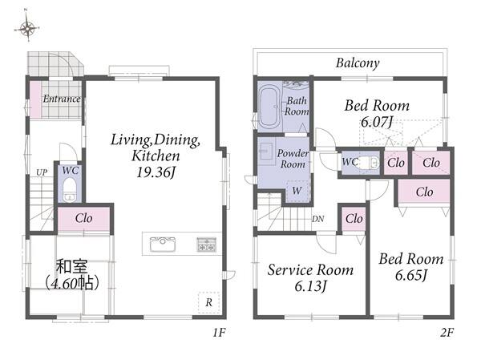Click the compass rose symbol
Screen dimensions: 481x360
coord(27,27)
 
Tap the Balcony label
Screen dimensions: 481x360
coord(358,63)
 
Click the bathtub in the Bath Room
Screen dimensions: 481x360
coord(269,106)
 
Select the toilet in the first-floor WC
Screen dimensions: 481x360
coord(70,190)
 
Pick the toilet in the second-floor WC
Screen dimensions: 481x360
coord(369,162)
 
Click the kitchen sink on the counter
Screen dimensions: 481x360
coord(163,245)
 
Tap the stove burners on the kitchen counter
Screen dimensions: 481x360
coord(207,245)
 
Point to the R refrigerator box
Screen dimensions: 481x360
coord(209,302)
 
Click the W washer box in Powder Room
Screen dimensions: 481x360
coord(297,191)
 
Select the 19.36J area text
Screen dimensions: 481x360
coord(156,172)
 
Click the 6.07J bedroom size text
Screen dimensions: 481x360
coord(377,122)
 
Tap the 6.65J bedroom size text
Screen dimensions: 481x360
coord(411,275)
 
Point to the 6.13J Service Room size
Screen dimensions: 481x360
coord(310,286)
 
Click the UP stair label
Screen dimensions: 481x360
coord(42,172)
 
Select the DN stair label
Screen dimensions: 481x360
coord(318,219)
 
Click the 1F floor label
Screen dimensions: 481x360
coord(220,333)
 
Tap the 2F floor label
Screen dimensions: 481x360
coord(447,333)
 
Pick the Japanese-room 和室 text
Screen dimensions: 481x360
coord(72,266)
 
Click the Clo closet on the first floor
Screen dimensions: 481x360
coord(83,219)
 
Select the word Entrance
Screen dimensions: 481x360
coord(62,99)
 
